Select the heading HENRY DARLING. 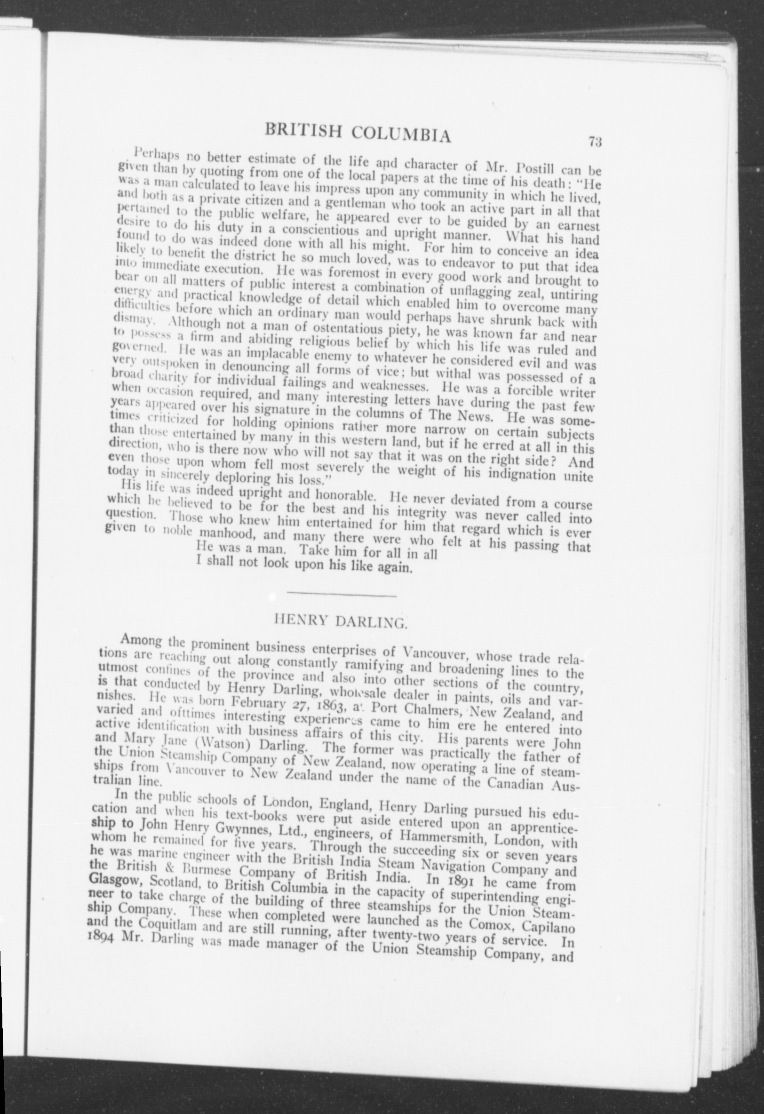coord(340,622)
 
